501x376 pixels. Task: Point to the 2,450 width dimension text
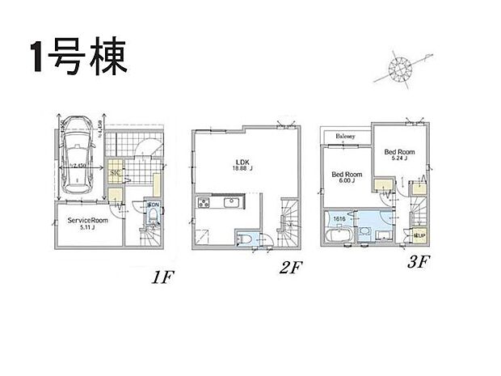(x=78, y=166)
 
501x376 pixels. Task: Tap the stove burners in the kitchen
(x=201, y=203)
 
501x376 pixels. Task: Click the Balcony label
(x=346, y=135)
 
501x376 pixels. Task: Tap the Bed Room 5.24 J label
(x=399, y=154)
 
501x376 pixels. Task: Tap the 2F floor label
(x=290, y=268)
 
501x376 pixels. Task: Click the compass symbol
(x=399, y=69)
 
